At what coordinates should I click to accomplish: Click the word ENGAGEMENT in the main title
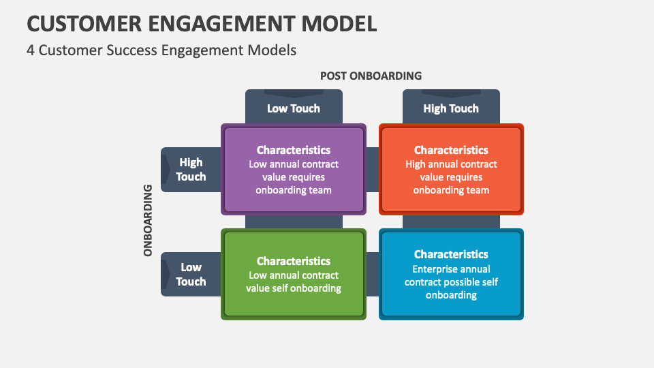(224, 23)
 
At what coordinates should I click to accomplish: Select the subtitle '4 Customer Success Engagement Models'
(161, 50)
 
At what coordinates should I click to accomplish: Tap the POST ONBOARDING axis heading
(371, 76)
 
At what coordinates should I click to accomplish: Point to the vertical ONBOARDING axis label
(148, 220)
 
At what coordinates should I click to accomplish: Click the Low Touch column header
(294, 108)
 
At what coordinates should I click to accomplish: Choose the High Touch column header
(451, 108)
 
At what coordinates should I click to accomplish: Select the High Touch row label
(191, 170)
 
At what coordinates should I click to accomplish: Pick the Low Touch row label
(191, 275)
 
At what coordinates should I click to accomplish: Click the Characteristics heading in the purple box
(294, 150)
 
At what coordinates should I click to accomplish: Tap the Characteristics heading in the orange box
(451, 150)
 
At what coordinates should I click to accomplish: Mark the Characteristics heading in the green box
(294, 261)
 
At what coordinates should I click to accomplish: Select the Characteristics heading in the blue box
(451, 254)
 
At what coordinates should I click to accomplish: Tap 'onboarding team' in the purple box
(294, 190)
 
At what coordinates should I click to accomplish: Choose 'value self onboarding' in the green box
(294, 288)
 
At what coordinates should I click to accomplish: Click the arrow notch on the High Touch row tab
(166, 170)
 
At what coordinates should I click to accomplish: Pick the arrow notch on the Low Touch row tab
(166, 275)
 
